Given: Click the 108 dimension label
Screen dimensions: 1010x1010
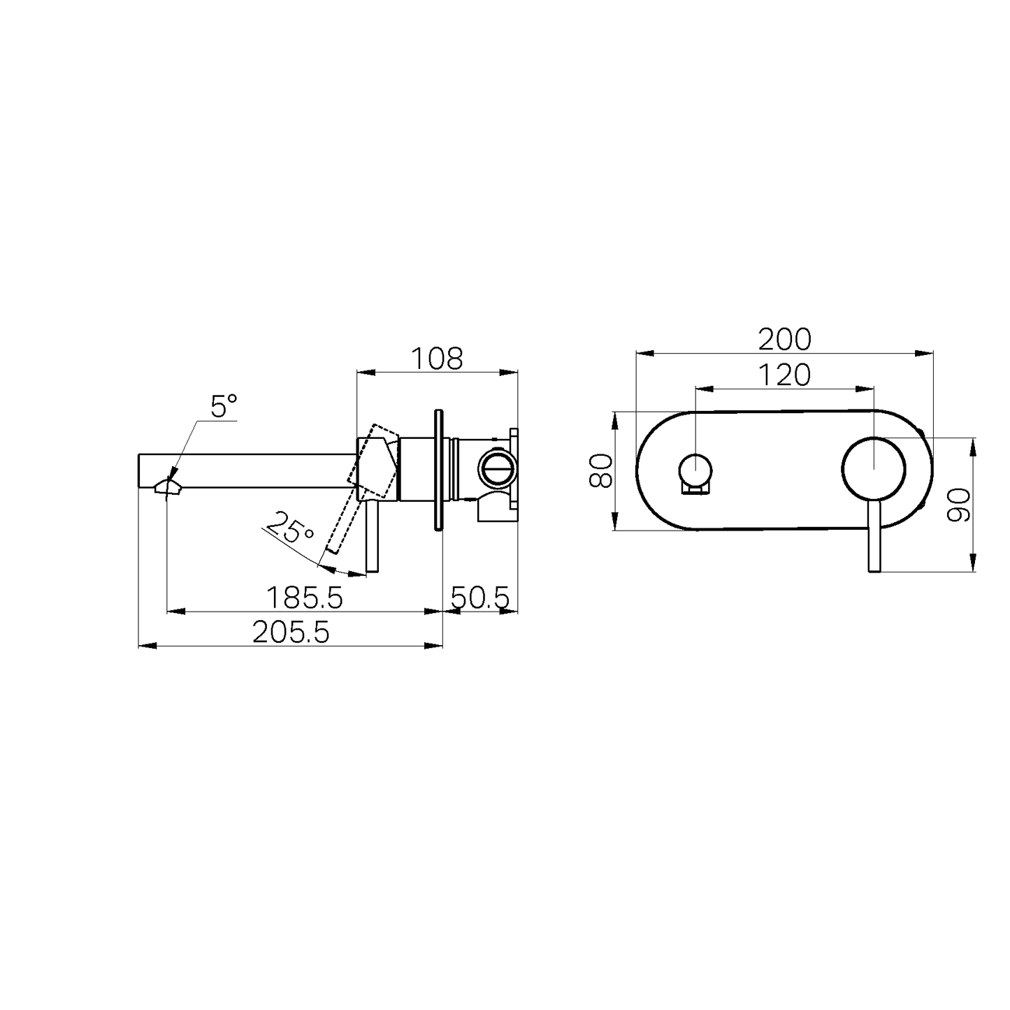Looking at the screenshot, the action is [x=437, y=359].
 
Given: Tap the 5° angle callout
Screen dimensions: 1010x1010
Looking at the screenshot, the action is [x=224, y=406].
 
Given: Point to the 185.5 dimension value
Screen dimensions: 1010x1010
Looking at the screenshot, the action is [x=305, y=598].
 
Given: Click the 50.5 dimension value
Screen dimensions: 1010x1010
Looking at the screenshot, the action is [x=480, y=598].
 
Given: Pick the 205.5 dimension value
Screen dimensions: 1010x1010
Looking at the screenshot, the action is [x=291, y=632].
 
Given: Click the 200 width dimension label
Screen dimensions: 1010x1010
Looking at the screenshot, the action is [x=785, y=340].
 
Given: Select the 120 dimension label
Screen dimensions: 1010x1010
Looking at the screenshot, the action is [x=785, y=375].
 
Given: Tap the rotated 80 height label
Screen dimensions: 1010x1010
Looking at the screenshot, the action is [x=600, y=470].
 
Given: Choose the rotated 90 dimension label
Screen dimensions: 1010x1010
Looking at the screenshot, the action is [x=959, y=505].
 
